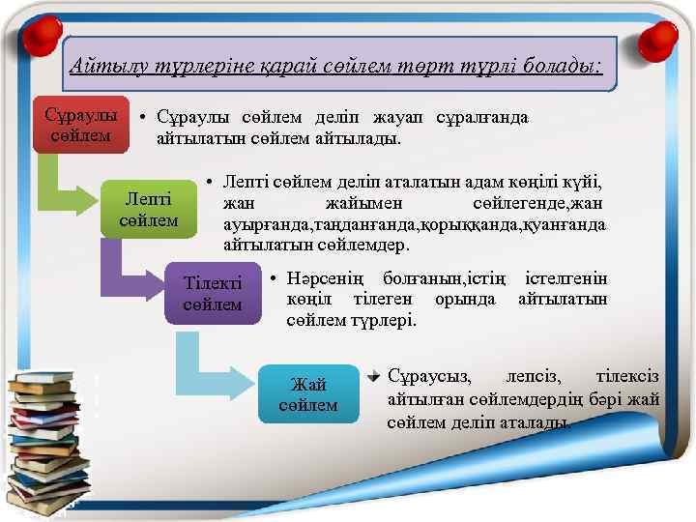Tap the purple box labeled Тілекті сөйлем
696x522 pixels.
[x=214, y=292]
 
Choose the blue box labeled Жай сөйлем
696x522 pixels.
[x=307, y=394]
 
